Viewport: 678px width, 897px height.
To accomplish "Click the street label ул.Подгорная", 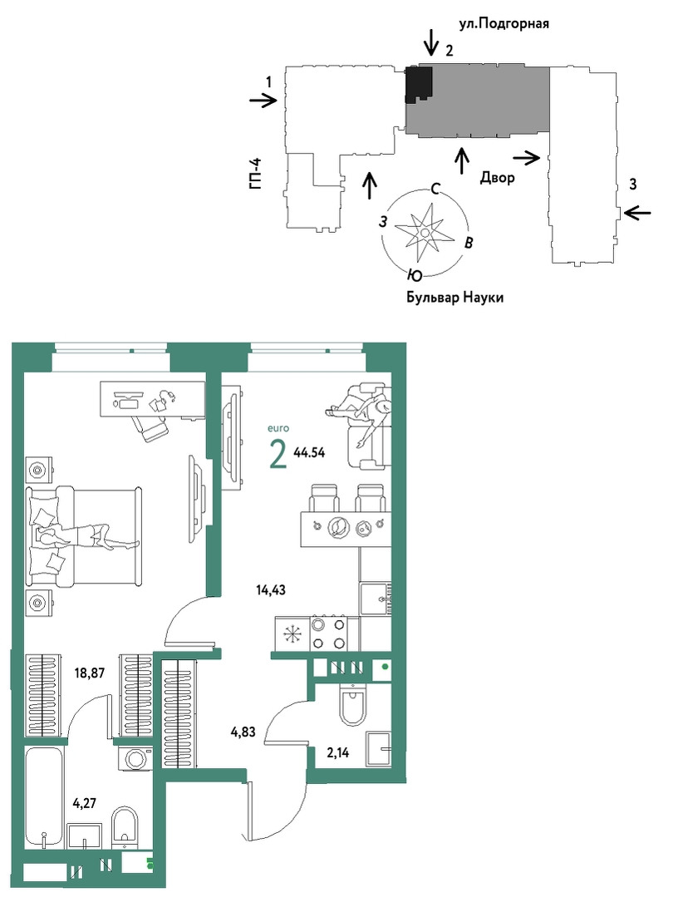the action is pyautogui.click(x=504, y=24).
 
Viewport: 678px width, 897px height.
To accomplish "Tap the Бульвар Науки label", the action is pyautogui.click(x=455, y=298).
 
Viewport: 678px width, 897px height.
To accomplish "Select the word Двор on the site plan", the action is pyautogui.click(x=497, y=178).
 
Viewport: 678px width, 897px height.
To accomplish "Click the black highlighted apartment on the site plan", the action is pyautogui.click(x=418, y=83).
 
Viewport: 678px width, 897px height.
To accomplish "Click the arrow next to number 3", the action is pyautogui.click(x=637, y=213).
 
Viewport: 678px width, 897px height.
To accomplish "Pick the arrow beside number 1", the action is pyautogui.click(x=263, y=101).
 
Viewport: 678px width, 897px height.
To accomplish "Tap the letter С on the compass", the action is pyautogui.click(x=435, y=190).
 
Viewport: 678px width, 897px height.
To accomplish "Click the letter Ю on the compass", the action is pyautogui.click(x=415, y=276).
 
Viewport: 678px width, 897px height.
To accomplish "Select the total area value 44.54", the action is pyautogui.click(x=309, y=452).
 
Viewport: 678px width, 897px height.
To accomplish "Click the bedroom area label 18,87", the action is pyautogui.click(x=89, y=673).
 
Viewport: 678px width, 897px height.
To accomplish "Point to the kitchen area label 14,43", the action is pyautogui.click(x=271, y=589).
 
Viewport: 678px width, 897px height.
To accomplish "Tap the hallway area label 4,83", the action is pyautogui.click(x=243, y=732).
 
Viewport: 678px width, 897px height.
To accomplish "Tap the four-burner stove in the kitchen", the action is pyautogui.click(x=327, y=633).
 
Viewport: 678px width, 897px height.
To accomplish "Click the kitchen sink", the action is pyautogui.click(x=376, y=599).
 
